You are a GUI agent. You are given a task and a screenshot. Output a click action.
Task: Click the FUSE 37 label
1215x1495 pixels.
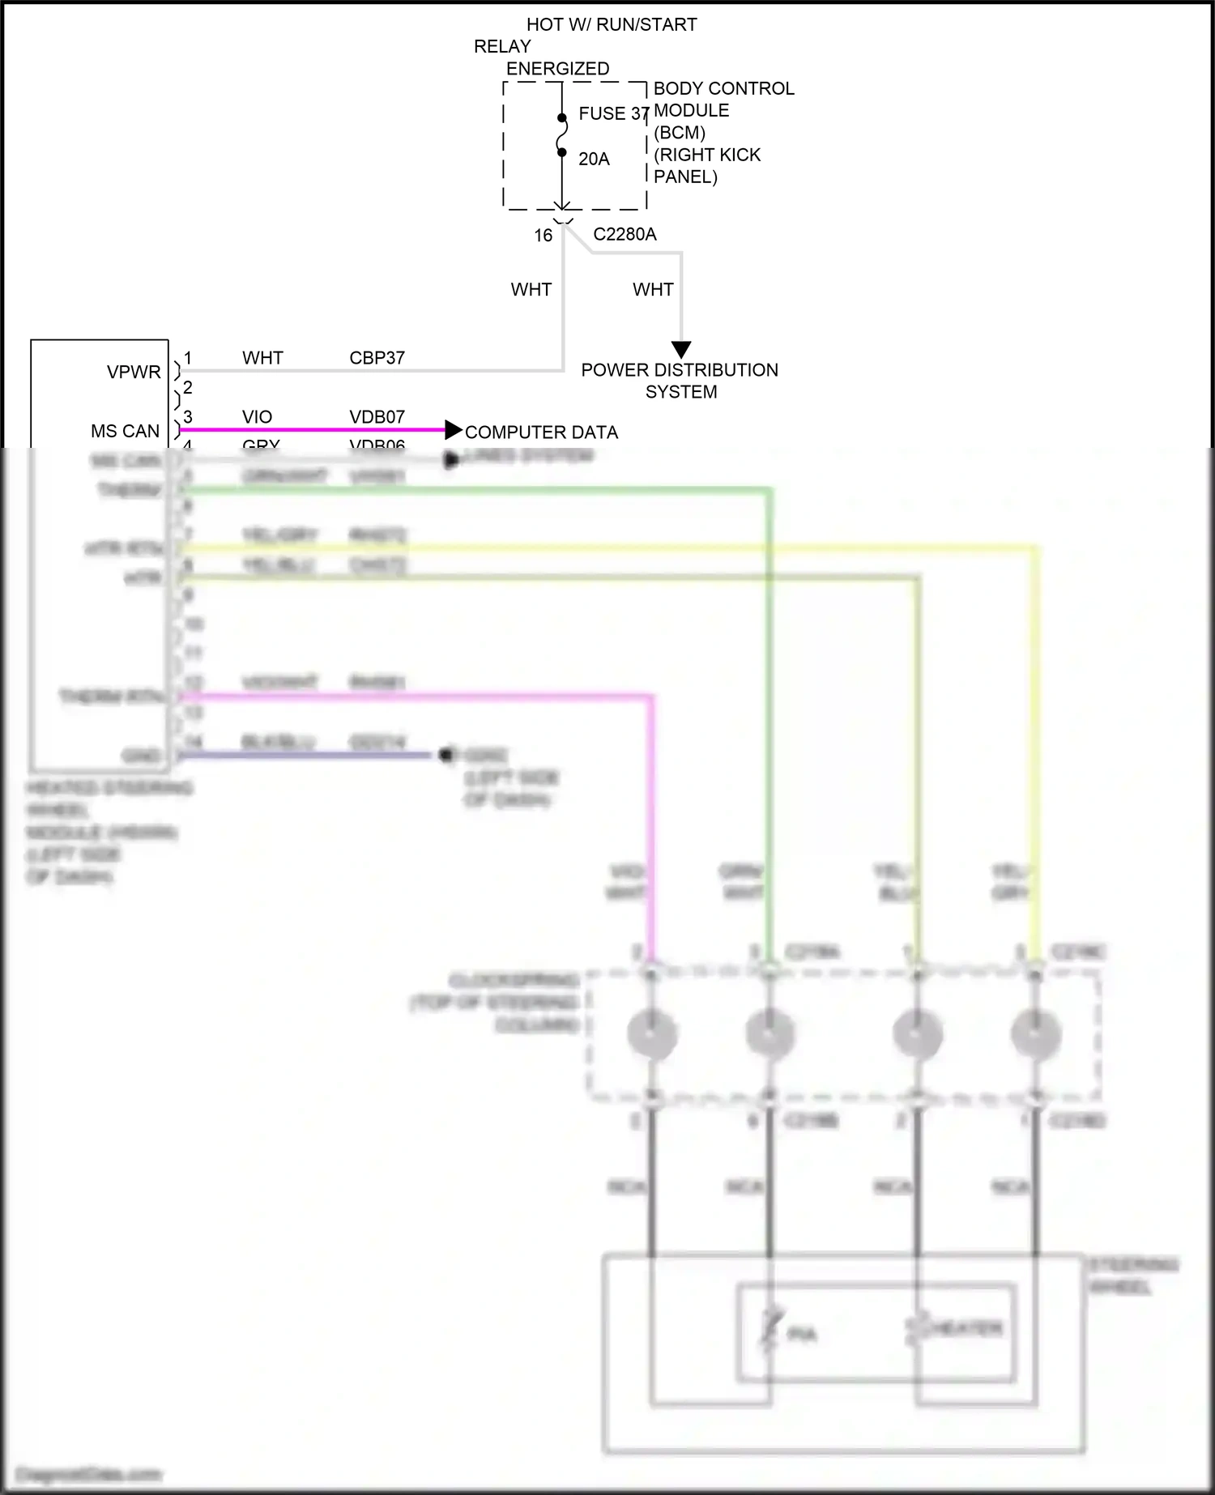[614, 113]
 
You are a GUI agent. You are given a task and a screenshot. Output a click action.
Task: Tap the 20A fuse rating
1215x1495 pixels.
[594, 159]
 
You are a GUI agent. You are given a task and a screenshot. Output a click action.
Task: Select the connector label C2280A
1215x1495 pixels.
[625, 234]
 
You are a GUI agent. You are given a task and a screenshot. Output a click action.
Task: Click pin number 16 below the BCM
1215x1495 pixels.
[543, 235]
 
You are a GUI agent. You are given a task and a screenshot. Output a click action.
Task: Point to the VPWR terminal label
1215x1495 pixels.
[134, 372]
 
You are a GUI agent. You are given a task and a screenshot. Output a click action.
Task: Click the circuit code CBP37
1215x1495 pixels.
[377, 358]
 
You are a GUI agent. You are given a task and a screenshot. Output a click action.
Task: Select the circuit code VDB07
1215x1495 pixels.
[377, 417]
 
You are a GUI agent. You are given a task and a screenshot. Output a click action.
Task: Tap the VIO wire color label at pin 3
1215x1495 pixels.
[257, 417]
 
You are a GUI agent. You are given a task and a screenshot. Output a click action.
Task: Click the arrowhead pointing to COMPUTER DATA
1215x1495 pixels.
[454, 430]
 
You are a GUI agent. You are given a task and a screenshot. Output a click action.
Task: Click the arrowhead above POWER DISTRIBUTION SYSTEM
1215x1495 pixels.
[681, 350]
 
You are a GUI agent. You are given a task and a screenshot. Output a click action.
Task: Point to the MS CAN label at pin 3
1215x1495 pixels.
[125, 432]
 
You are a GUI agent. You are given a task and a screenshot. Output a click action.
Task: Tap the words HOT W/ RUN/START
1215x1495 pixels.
[612, 25]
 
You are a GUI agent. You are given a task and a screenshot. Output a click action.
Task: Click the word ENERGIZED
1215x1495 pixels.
[557, 69]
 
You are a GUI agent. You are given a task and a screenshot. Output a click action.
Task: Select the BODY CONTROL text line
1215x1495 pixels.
[723, 88]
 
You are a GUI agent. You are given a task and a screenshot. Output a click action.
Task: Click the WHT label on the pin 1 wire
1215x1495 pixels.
[262, 358]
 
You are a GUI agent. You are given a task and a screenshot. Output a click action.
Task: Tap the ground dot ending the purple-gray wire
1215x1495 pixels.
[445, 755]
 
